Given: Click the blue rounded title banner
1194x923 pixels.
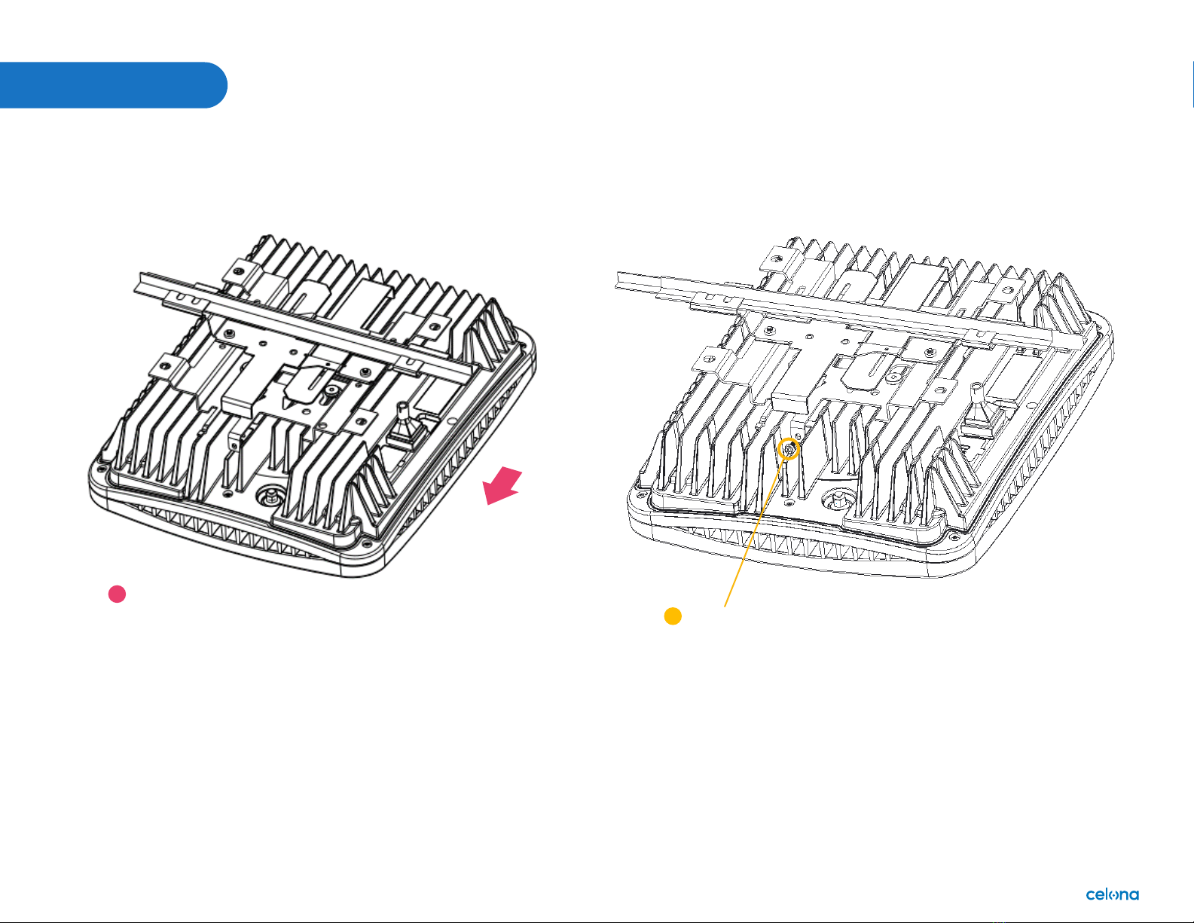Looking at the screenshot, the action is pos(113,84).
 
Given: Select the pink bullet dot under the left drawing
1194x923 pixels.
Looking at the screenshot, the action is pos(117,594).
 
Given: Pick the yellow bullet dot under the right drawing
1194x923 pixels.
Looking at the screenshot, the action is pos(673,616).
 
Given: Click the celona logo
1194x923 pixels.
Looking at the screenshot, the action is pos(1112,894).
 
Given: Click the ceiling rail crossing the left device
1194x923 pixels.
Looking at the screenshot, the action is pos(302,326).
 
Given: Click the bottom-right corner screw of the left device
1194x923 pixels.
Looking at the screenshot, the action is pos(365,544).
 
